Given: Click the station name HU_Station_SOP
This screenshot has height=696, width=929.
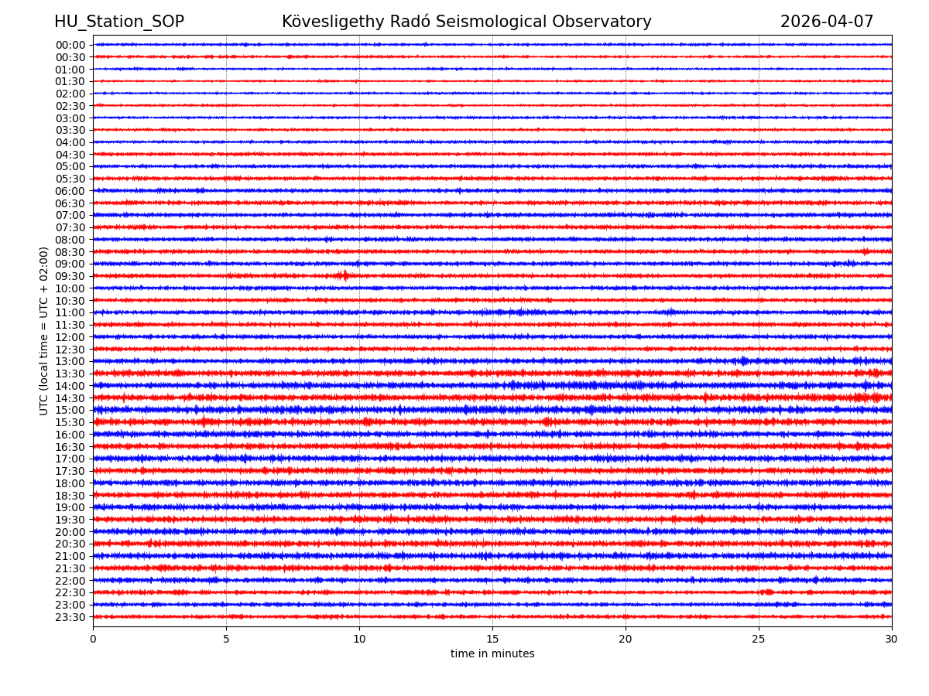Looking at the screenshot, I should tap(118, 22).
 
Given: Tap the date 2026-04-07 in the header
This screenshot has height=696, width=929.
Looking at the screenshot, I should tap(826, 22).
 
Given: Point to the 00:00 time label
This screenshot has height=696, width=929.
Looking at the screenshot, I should tap(70, 45).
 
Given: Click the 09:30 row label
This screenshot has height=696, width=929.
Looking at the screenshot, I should tap(70, 276).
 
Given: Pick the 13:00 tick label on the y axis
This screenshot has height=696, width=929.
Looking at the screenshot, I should tap(70, 361).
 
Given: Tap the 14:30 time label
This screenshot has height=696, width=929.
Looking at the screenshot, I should tap(70, 398).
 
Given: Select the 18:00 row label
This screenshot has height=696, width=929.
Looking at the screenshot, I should tap(70, 483).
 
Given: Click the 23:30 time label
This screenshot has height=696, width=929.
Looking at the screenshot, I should tap(70, 617).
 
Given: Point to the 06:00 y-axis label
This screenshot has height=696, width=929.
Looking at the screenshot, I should tap(70, 191).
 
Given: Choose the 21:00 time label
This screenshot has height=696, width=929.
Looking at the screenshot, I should tap(70, 556).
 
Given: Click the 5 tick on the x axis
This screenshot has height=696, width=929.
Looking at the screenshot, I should tap(226, 640).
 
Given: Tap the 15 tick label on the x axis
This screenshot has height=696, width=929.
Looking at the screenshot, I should tap(492, 640).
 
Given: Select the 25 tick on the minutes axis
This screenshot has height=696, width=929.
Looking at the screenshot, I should tap(759, 640).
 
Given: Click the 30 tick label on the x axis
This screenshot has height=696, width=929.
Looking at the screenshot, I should tap(892, 640).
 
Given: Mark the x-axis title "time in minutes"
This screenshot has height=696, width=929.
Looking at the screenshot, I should tap(492, 654).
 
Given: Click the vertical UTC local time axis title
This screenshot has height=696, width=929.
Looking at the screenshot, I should tap(44, 331).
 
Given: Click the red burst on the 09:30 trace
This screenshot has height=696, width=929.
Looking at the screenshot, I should tap(343, 275).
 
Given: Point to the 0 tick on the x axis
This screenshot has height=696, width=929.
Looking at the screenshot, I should tap(93, 640).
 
